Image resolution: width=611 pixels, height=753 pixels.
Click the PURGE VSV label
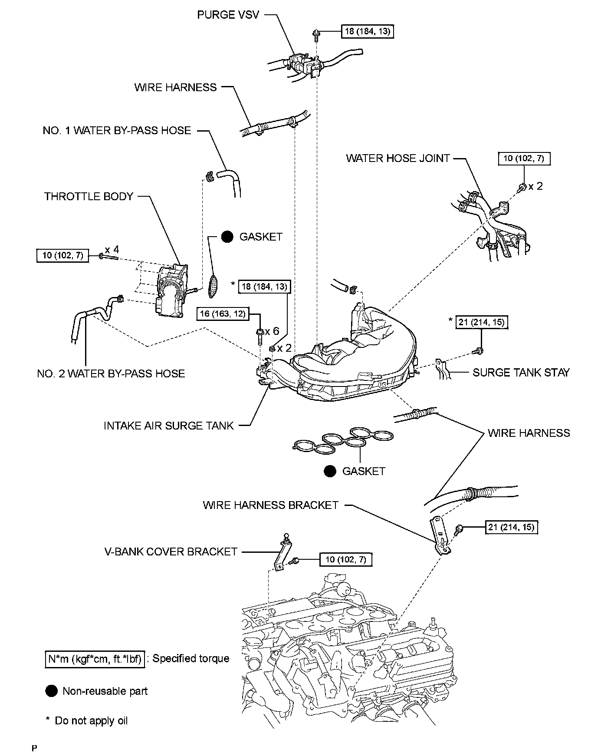coord(228,15)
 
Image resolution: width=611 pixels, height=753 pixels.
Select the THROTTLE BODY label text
coord(89,197)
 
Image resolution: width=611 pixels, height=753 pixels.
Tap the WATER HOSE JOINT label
coord(397,158)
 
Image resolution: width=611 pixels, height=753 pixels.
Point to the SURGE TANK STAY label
coord(521,373)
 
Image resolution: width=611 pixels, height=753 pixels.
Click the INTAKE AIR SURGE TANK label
coord(169,426)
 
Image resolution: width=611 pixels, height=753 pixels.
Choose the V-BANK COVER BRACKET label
coord(171,552)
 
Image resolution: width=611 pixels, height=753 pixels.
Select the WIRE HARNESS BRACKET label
coord(270,505)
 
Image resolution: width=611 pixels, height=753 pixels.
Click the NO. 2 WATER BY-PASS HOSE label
coord(111,373)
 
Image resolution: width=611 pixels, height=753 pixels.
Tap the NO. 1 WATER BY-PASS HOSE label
coord(117,131)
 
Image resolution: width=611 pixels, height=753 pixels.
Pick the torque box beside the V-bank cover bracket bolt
coord(346,560)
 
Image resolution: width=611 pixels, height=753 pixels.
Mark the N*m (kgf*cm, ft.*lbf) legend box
coord(95,659)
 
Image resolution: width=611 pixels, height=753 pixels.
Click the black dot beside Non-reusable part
coord(51,691)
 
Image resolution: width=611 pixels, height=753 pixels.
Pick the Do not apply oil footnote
coord(87,721)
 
